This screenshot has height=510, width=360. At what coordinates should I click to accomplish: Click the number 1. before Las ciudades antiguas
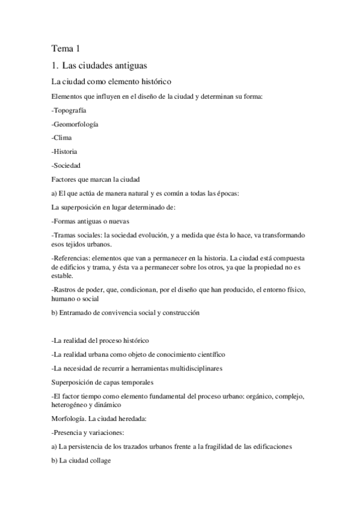click(x=55, y=64)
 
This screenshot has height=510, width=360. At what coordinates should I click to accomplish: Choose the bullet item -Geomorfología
click(x=75, y=124)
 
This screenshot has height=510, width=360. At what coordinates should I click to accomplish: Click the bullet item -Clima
click(x=62, y=138)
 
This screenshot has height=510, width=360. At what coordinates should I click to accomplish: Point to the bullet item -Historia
click(x=64, y=152)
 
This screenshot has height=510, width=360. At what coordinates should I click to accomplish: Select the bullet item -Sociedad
click(x=66, y=165)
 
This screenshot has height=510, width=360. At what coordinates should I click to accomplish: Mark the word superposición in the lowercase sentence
click(x=82, y=206)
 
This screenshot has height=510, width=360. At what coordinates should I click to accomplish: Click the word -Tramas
click(x=66, y=233)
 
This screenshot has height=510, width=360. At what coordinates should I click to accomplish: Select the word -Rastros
click(x=66, y=290)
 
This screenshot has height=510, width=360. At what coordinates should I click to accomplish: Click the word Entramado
click(x=78, y=313)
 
